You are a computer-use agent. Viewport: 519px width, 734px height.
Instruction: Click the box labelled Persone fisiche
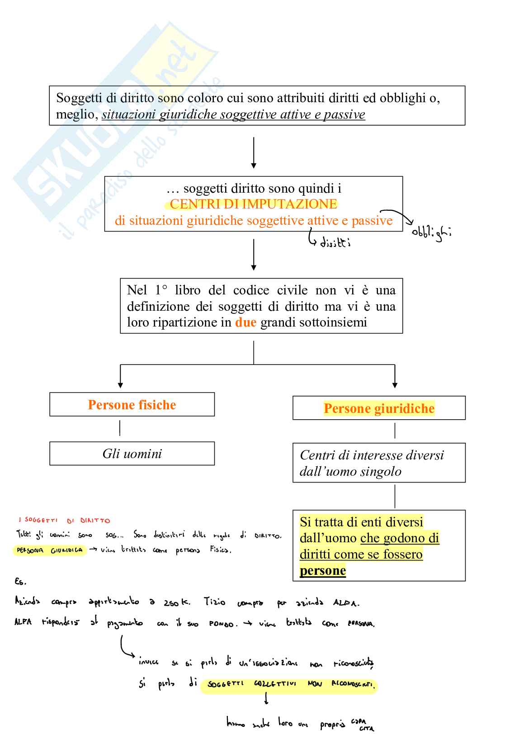132,405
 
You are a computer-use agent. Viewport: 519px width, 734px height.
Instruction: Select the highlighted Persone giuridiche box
379,408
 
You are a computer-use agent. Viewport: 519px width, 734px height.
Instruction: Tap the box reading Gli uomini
132,454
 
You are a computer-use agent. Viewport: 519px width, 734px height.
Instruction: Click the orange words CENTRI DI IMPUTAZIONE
253,204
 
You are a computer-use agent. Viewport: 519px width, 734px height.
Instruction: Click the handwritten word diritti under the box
335,243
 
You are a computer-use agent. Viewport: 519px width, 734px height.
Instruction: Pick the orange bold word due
245,322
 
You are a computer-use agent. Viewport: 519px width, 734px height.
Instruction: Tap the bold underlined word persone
322,571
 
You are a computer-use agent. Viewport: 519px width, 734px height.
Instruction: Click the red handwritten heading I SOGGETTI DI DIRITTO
64,521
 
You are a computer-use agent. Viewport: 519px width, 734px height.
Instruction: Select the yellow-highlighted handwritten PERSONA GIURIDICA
50,551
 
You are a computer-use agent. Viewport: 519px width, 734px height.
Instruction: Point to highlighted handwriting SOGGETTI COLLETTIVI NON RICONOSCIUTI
289,685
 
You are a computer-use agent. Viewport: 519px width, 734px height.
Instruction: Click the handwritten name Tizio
214,602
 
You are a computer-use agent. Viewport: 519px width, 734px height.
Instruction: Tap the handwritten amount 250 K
177,602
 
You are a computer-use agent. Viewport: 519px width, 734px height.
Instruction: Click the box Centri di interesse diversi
379,463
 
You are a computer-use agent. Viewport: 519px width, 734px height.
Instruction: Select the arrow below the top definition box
254,153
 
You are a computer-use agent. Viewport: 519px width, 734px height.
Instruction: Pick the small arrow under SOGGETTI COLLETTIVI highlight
267,699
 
